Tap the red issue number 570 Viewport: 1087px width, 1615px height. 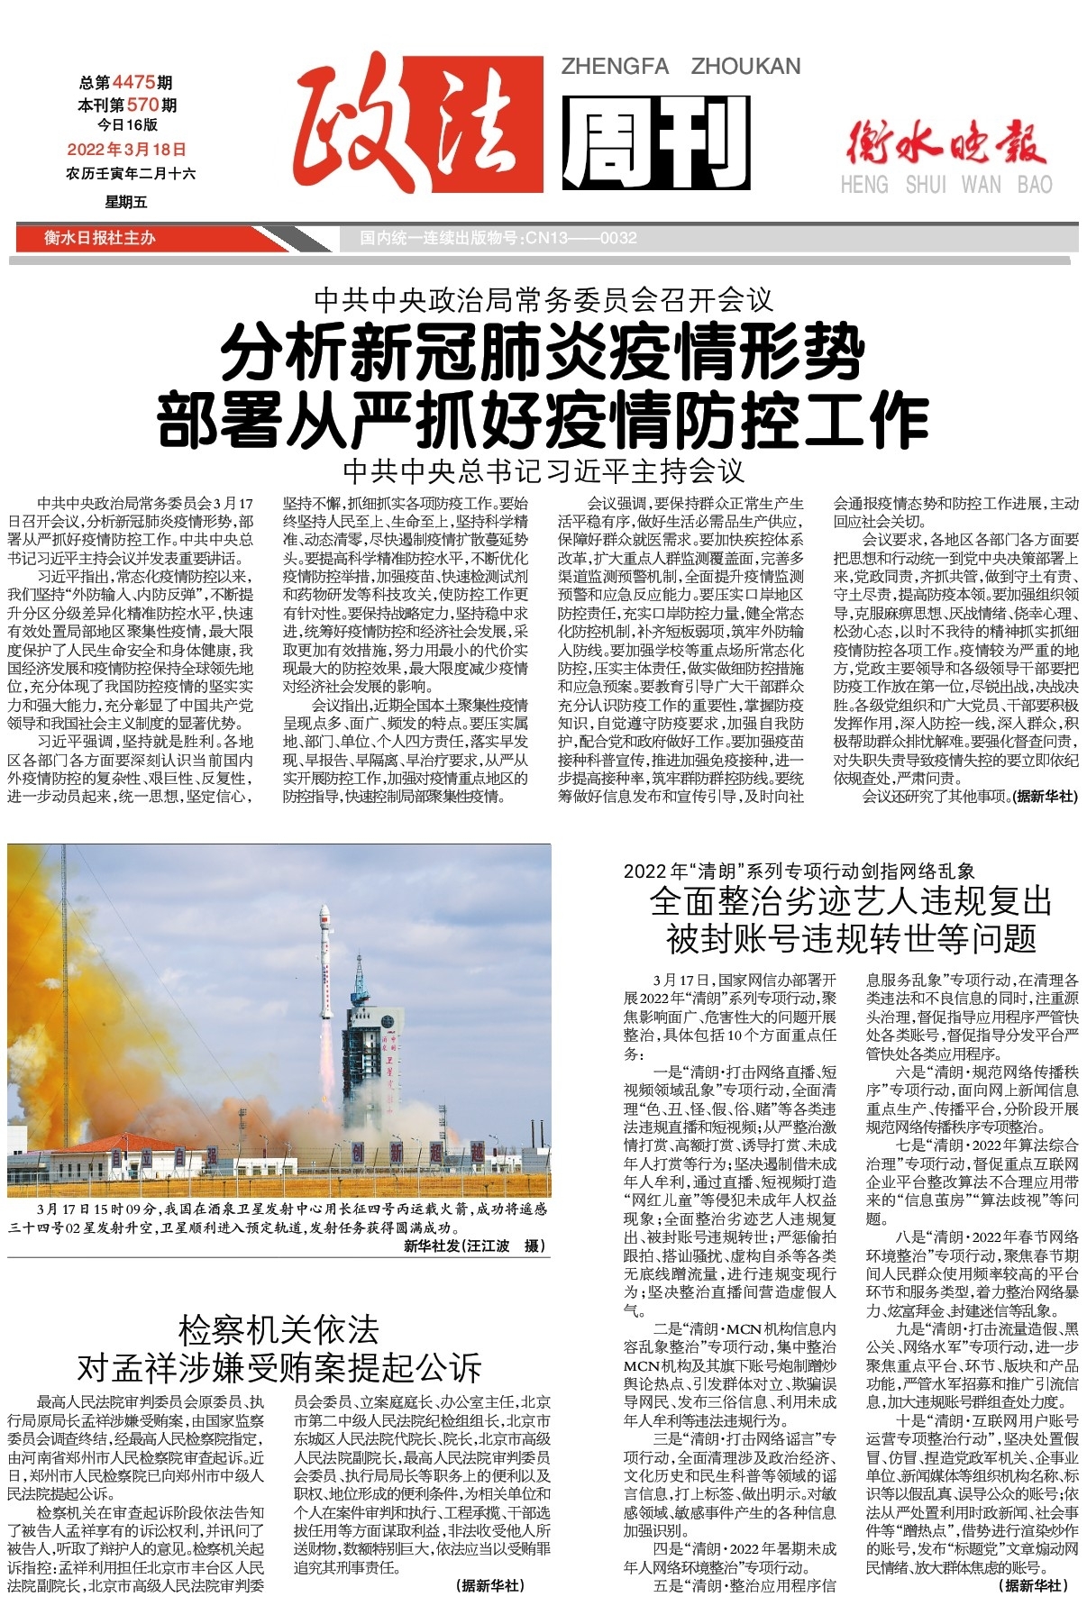[x=143, y=105]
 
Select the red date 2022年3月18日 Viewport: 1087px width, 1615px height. [x=127, y=150]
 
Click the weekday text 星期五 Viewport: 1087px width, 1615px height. [x=126, y=202]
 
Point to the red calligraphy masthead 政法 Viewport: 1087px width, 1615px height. [x=418, y=129]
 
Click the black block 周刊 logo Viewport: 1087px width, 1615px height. [x=656, y=141]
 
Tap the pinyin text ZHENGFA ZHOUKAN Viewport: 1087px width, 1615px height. [x=681, y=67]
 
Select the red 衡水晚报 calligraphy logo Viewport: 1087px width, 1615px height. [x=946, y=141]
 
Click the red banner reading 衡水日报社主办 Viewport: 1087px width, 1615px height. [x=100, y=238]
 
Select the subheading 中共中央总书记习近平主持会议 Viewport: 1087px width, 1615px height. [x=543, y=470]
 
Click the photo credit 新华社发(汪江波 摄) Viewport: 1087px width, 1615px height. [x=474, y=1246]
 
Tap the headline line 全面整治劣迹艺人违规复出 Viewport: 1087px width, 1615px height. [x=851, y=900]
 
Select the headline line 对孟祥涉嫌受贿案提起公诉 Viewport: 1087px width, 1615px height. [x=279, y=1367]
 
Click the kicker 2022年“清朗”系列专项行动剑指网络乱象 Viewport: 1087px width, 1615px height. [x=799, y=871]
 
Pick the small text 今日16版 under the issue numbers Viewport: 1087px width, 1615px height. [x=127, y=124]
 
